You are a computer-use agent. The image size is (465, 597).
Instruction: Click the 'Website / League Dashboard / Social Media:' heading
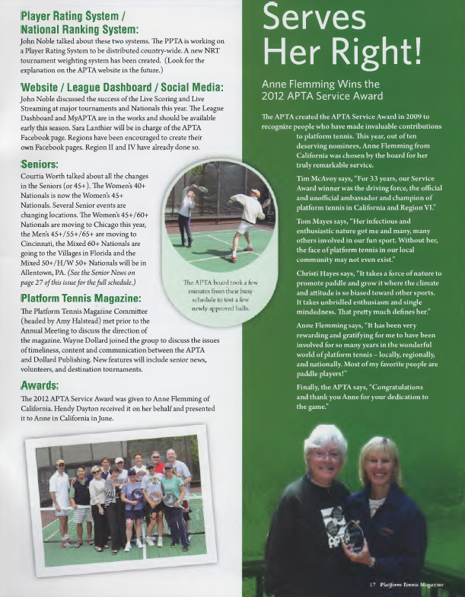(x=122, y=87)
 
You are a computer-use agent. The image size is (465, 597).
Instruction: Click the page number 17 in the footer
(x=373, y=584)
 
